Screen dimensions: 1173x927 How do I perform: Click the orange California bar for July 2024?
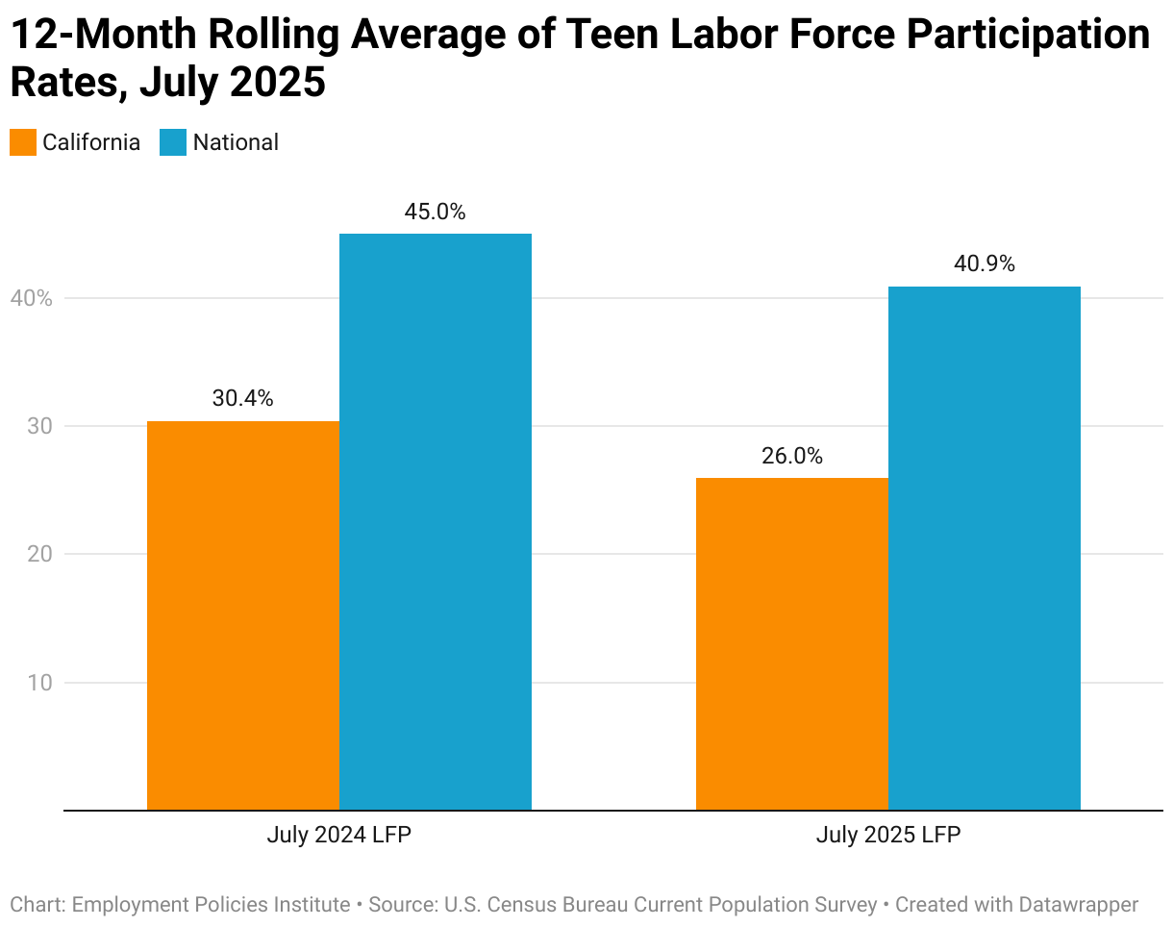(243, 615)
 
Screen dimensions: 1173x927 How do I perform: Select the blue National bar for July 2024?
(436, 522)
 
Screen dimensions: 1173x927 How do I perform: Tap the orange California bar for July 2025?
(792, 644)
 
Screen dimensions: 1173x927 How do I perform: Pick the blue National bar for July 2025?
(985, 548)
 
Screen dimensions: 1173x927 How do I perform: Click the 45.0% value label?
(435, 212)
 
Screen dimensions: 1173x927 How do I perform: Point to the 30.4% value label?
(242, 398)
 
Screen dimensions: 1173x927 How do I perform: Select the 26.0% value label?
(792, 456)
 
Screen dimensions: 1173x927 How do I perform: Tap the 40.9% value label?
(985, 263)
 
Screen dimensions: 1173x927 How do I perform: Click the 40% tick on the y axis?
(32, 299)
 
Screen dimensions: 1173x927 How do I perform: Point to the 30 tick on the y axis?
(39, 426)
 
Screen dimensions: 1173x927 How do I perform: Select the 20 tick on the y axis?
(39, 554)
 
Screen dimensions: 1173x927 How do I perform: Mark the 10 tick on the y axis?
(39, 683)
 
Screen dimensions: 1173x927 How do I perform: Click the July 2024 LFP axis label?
(339, 836)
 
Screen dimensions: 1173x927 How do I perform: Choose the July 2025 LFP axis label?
(888, 836)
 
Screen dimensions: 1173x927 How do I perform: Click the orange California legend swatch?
(23, 142)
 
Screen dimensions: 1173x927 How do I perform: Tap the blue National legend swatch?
(173, 142)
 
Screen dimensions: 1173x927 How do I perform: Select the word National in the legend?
(236, 142)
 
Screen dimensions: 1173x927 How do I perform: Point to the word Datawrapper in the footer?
(1070, 904)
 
